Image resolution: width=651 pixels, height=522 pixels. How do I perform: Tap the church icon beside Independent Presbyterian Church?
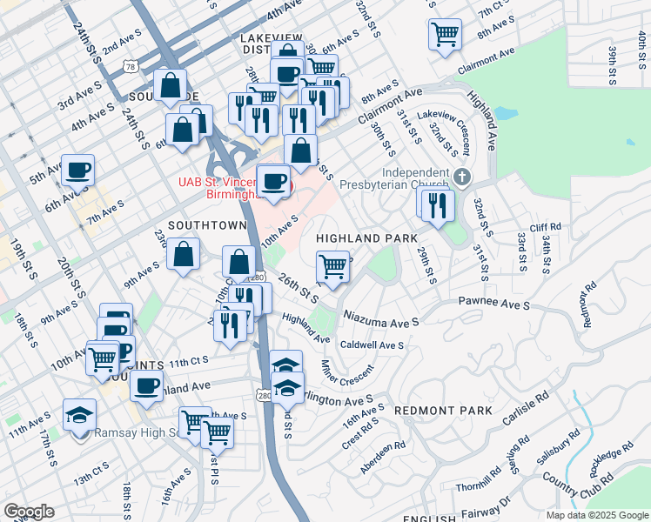[461, 177]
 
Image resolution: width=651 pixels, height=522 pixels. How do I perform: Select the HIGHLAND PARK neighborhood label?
[366, 238]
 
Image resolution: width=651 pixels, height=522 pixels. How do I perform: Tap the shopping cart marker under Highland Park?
[332, 265]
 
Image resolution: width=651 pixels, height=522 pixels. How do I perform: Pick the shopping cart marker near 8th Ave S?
[445, 35]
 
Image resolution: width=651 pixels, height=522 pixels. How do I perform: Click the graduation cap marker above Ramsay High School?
[79, 413]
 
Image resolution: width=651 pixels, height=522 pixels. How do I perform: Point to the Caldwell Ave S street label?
[372, 345]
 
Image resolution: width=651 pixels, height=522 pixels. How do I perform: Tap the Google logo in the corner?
[29, 512]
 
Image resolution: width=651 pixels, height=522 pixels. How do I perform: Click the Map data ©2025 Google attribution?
[596, 515]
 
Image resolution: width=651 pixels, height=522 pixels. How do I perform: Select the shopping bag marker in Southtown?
[184, 256]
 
